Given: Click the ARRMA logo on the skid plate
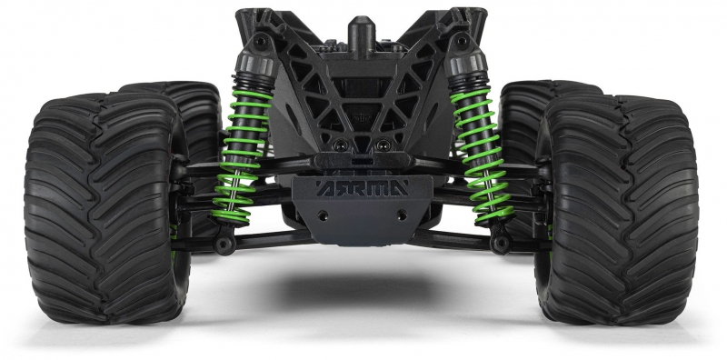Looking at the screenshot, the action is coord(362,188).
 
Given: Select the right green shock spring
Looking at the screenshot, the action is coord(483,154).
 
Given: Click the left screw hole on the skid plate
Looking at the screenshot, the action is coord(323,215).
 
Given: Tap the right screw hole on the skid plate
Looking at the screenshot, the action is coord(402,215).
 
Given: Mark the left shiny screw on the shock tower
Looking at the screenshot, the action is coord(343,145).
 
